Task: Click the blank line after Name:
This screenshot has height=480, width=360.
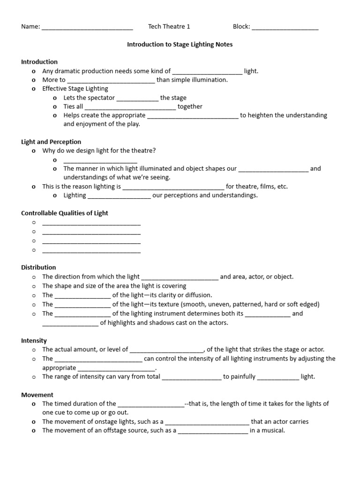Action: pos(87,27)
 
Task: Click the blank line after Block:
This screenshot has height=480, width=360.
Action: pos(285,27)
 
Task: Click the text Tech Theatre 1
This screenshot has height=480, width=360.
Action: pos(169,27)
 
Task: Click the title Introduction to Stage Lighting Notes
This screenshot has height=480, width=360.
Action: pos(180,45)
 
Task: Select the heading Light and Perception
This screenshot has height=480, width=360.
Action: pos(51,142)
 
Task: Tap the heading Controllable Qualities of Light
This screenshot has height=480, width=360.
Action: pos(65,213)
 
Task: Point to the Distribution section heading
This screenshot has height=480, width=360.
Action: pos(38,267)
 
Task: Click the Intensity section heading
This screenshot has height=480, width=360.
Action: pos(34,340)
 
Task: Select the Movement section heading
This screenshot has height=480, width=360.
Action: pos(37,395)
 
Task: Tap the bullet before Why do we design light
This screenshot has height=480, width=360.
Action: pos(33,150)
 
